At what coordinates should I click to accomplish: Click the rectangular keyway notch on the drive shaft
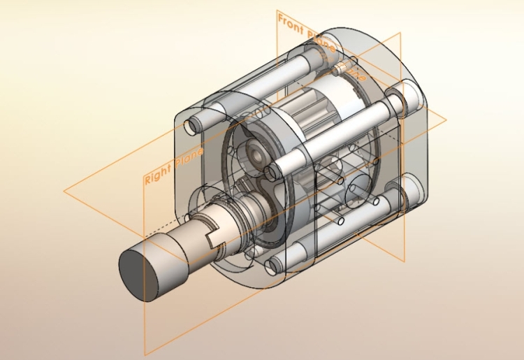214,239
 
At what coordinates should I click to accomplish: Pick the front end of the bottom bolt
274,265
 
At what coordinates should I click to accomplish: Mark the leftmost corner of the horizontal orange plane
64,190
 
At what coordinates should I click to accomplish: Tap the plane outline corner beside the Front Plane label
277,12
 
